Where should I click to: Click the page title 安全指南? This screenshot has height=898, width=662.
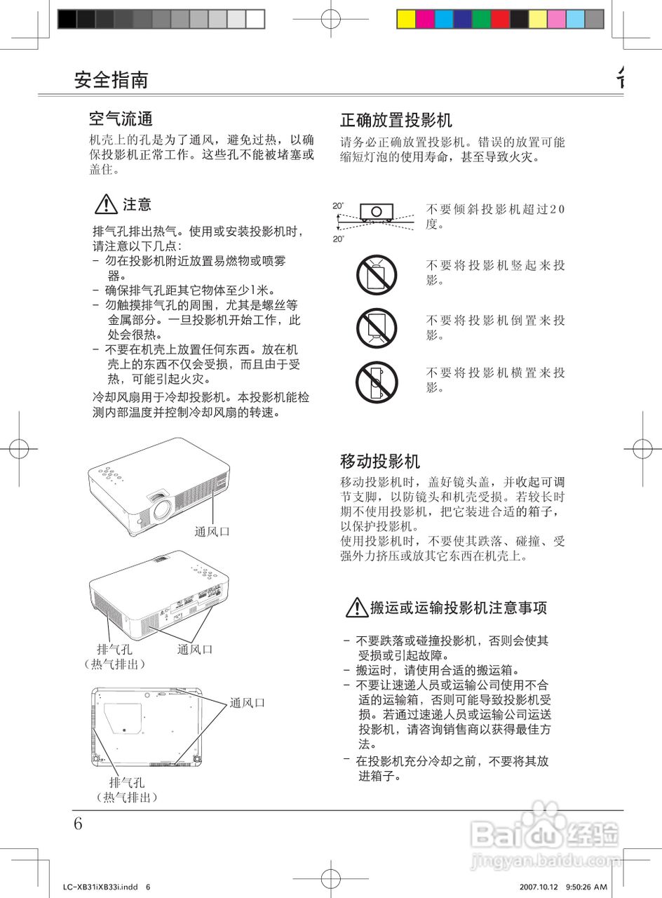pos(111,79)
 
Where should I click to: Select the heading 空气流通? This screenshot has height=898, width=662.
pos(121,118)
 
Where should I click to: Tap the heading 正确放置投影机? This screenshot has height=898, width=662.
pos(396,119)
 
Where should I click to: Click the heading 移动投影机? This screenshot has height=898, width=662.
pos(380,461)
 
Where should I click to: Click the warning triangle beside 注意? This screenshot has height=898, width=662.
pos(105,205)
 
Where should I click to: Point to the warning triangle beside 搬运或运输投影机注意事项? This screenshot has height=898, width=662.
pos(357,608)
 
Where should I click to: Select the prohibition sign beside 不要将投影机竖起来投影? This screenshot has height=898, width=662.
pos(377,274)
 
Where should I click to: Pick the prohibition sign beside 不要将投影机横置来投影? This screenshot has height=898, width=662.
pos(377,380)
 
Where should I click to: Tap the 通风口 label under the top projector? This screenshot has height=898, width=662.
pos(212,532)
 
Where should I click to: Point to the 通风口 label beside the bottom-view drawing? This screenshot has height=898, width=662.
pos(248,702)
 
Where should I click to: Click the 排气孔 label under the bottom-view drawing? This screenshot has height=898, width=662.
pos(126,782)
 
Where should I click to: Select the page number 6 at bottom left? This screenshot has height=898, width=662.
pos(78,824)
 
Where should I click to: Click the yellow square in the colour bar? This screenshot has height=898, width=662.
pos(406,19)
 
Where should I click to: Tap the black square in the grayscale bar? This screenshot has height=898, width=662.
pos(67,19)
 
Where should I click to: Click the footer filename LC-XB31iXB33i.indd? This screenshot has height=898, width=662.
pos(100,887)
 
